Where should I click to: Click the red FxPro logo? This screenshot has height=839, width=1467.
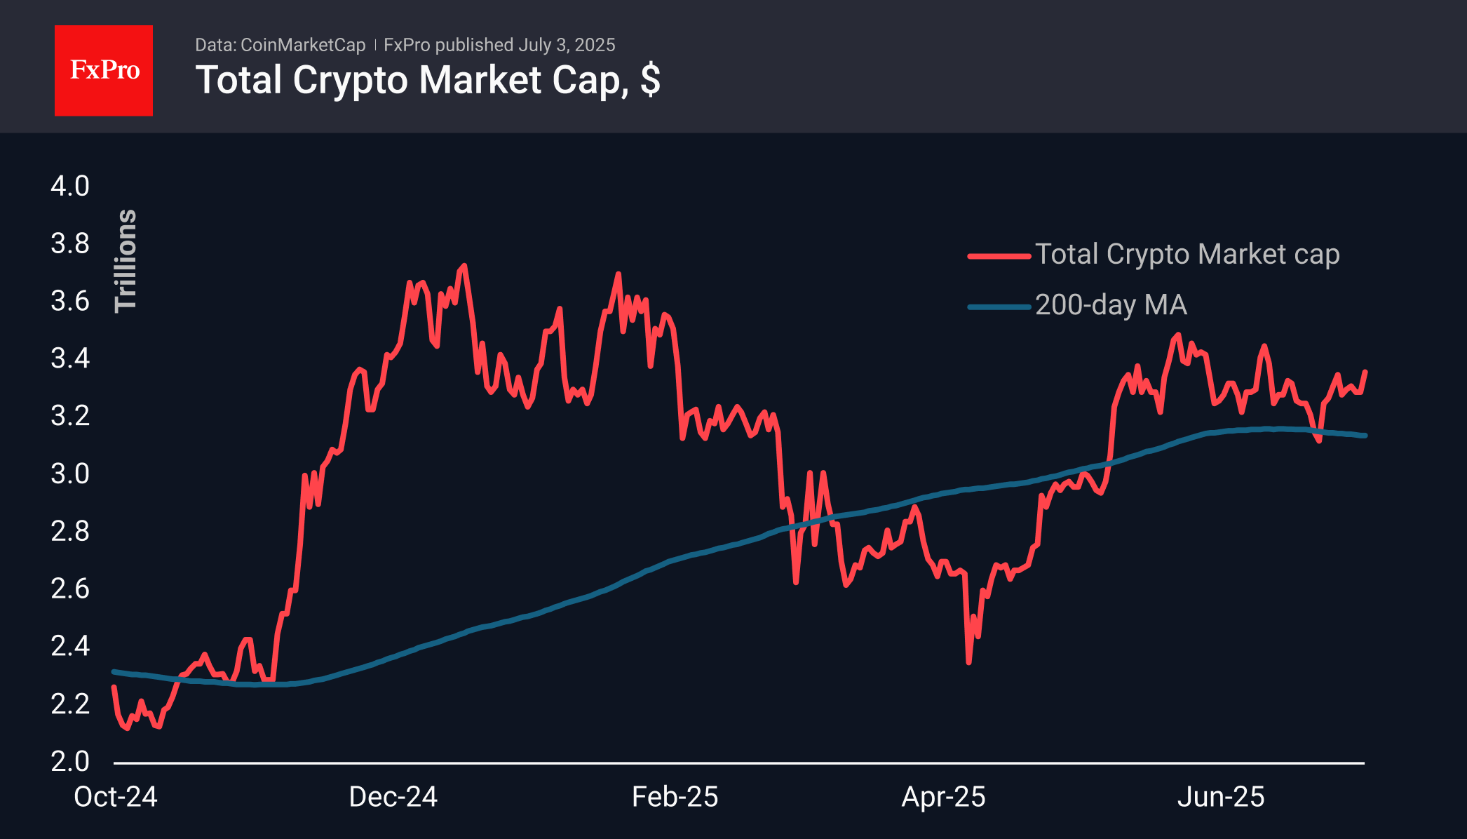(104, 71)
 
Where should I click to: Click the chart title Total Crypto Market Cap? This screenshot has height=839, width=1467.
(427, 80)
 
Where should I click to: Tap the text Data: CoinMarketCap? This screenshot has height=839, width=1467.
(280, 45)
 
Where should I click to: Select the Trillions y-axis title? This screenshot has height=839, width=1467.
(126, 260)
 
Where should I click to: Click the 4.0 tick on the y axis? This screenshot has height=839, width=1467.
(70, 186)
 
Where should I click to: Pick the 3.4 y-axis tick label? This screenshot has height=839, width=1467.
(70, 358)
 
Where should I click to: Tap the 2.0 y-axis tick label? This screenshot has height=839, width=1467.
(70, 761)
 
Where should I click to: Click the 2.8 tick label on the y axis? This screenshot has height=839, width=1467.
(70, 531)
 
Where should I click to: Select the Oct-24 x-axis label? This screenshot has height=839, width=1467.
(116, 797)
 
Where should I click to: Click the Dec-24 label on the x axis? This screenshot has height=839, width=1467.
(393, 797)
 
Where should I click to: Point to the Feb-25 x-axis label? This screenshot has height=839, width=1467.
(675, 797)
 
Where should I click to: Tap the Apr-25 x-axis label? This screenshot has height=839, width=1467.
(943, 797)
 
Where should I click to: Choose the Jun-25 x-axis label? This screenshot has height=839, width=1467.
(1221, 797)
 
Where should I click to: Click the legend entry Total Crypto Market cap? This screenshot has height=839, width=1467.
(1187, 255)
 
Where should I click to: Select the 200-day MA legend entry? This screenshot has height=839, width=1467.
(1111, 305)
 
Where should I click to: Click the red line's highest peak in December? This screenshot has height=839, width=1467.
(464, 266)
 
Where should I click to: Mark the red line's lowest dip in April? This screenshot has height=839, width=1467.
(968, 662)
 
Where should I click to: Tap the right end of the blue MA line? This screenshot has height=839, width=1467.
(1365, 436)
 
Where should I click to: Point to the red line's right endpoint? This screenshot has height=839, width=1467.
(1365, 372)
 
